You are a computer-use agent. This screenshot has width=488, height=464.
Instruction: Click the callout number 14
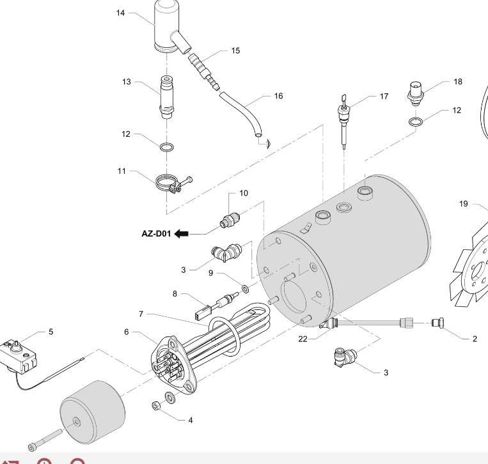[120, 13]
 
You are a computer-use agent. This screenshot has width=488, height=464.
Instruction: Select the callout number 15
[235, 50]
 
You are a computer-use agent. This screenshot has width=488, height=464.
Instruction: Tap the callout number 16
[278, 97]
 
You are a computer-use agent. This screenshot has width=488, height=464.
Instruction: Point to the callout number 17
[384, 97]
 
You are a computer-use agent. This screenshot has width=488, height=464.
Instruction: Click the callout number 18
[457, 82]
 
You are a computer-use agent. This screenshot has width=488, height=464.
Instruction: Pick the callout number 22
[303, 339]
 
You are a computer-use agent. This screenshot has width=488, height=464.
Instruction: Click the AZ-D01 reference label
[156, 233]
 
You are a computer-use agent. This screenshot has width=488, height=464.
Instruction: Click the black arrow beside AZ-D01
[181, 233]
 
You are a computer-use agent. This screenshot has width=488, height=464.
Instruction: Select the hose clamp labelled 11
[169, 183]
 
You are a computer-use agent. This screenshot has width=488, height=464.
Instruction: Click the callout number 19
[464, 204]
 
